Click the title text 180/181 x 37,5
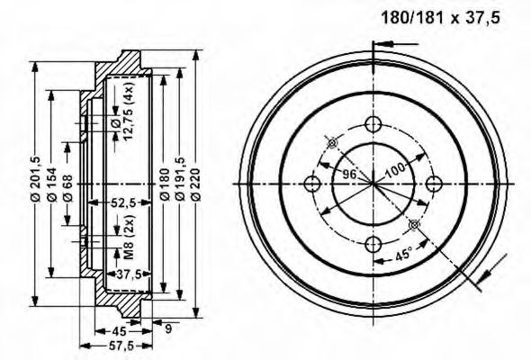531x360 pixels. point(438,17)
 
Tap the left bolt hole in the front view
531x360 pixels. point(312,184)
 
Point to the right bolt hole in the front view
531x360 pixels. point(433,184)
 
